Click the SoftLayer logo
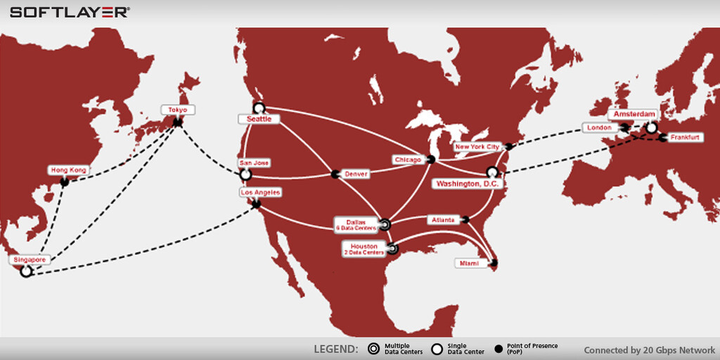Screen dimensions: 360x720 pos(70,12)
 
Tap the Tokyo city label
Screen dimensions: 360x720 pos(177,110)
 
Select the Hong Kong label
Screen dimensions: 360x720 pos(68,170)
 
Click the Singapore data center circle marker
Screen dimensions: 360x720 pos(26,271)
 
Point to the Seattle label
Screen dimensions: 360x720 pos(257,120)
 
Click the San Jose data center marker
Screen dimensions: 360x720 pos(245,174)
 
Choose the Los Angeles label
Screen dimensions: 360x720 pos(260,192)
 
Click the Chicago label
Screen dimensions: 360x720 pos(408,160)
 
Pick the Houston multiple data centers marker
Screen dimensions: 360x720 pos(392,248)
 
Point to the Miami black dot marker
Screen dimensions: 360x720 pos(494,264)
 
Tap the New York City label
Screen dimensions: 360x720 pos(477,147)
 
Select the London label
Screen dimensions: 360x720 pos(599,128)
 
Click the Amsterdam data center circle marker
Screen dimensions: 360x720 pos(652,128)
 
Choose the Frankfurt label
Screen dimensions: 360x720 pos(684,137)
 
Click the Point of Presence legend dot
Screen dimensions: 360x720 pos(499,348)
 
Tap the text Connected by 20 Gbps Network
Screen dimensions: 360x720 pos(649,349)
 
